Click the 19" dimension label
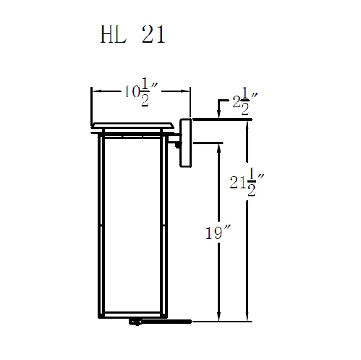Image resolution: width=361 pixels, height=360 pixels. pos(216,233)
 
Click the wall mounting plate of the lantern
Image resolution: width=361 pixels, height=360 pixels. pos(184,143)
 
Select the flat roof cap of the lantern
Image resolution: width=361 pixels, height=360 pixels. pos(135,125)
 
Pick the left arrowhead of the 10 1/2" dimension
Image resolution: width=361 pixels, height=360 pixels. pos(94,91)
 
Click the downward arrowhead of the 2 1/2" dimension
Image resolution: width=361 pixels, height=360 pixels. pos(217,116)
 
